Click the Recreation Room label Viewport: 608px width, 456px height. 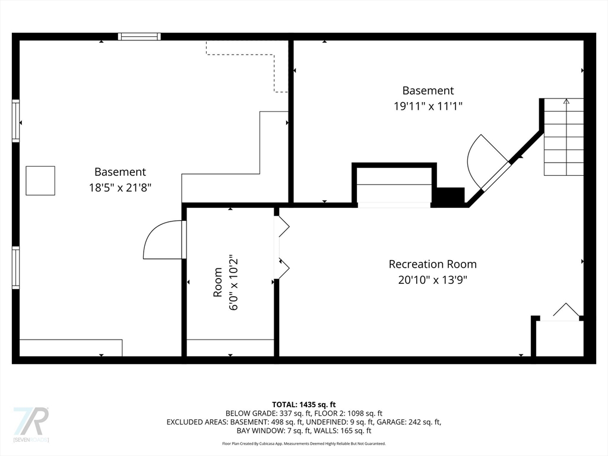coord(432,264)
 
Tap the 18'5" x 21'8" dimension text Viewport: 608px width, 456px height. coord(120,188)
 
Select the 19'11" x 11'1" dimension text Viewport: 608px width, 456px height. coord(428,106)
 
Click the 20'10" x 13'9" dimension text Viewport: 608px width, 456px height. coord(432,280)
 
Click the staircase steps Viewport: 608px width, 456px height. coord(564,137)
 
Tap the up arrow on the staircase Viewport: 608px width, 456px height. coord(566,102)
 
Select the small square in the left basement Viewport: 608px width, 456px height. coord(40,180)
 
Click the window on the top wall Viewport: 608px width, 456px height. coord(139,37)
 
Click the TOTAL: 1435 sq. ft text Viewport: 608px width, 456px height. coord(304,405)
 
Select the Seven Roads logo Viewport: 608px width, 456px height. coord(31,424)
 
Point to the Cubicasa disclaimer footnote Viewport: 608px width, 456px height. coord(304,444)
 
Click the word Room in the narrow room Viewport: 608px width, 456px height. coord(217,282)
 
